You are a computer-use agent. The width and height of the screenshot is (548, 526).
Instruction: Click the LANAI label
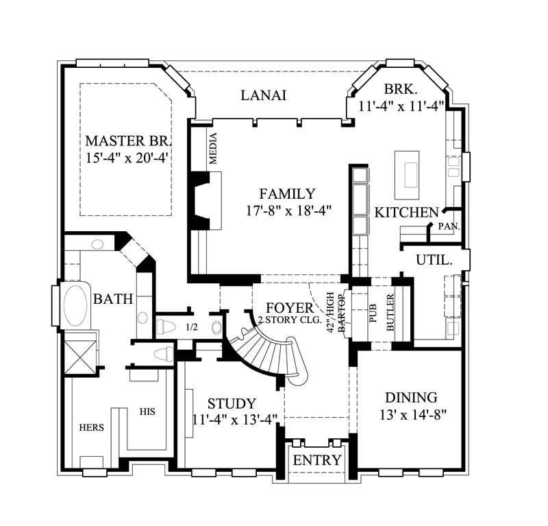click(263, 95)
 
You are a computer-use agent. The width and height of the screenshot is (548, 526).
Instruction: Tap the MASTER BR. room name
click(127, 141)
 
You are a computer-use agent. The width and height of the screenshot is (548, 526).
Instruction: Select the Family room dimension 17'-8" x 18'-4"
click(288, 211)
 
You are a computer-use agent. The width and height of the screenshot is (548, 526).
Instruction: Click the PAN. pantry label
click(449, 226)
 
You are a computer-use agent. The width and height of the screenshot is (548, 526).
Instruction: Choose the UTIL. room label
click(434, 260)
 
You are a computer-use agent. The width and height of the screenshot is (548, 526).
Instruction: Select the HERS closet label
click(91, 427)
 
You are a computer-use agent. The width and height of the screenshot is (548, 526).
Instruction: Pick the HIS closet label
click(147, 412)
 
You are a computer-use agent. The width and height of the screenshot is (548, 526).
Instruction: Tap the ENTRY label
click(316, 460)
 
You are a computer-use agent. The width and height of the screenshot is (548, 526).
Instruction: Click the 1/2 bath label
click(192, 327)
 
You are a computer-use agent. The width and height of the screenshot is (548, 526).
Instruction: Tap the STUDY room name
click(232, 403)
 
